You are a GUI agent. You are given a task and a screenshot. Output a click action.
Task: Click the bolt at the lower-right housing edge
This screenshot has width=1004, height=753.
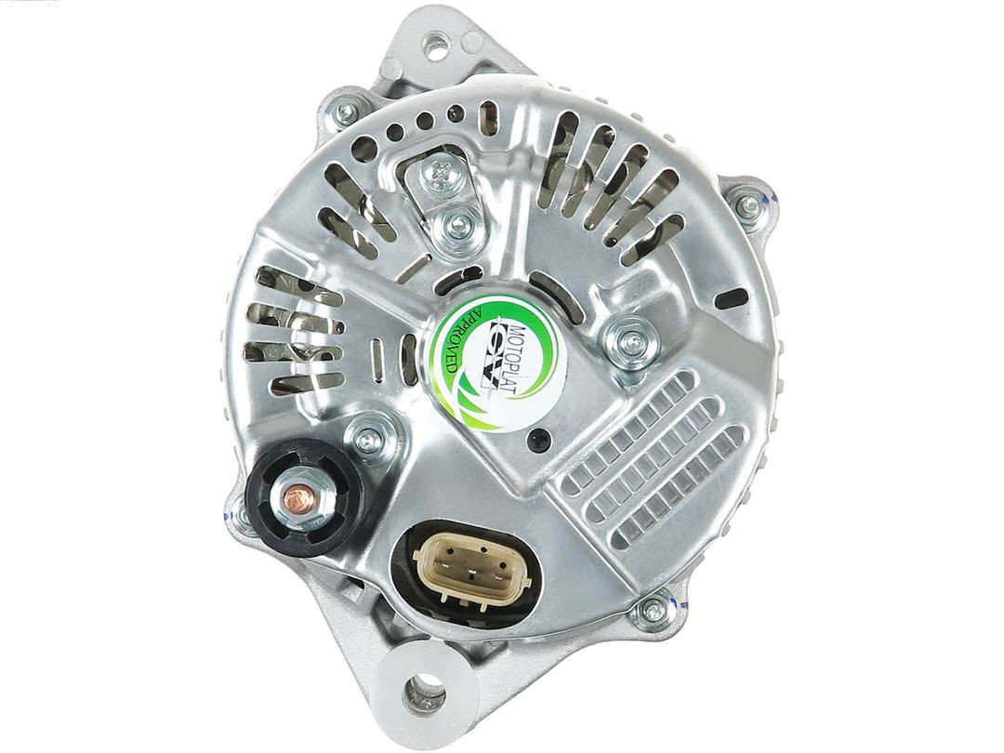tap(653, 611)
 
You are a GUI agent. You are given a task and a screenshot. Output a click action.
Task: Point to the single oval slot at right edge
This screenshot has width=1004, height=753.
tap(734, 297)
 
